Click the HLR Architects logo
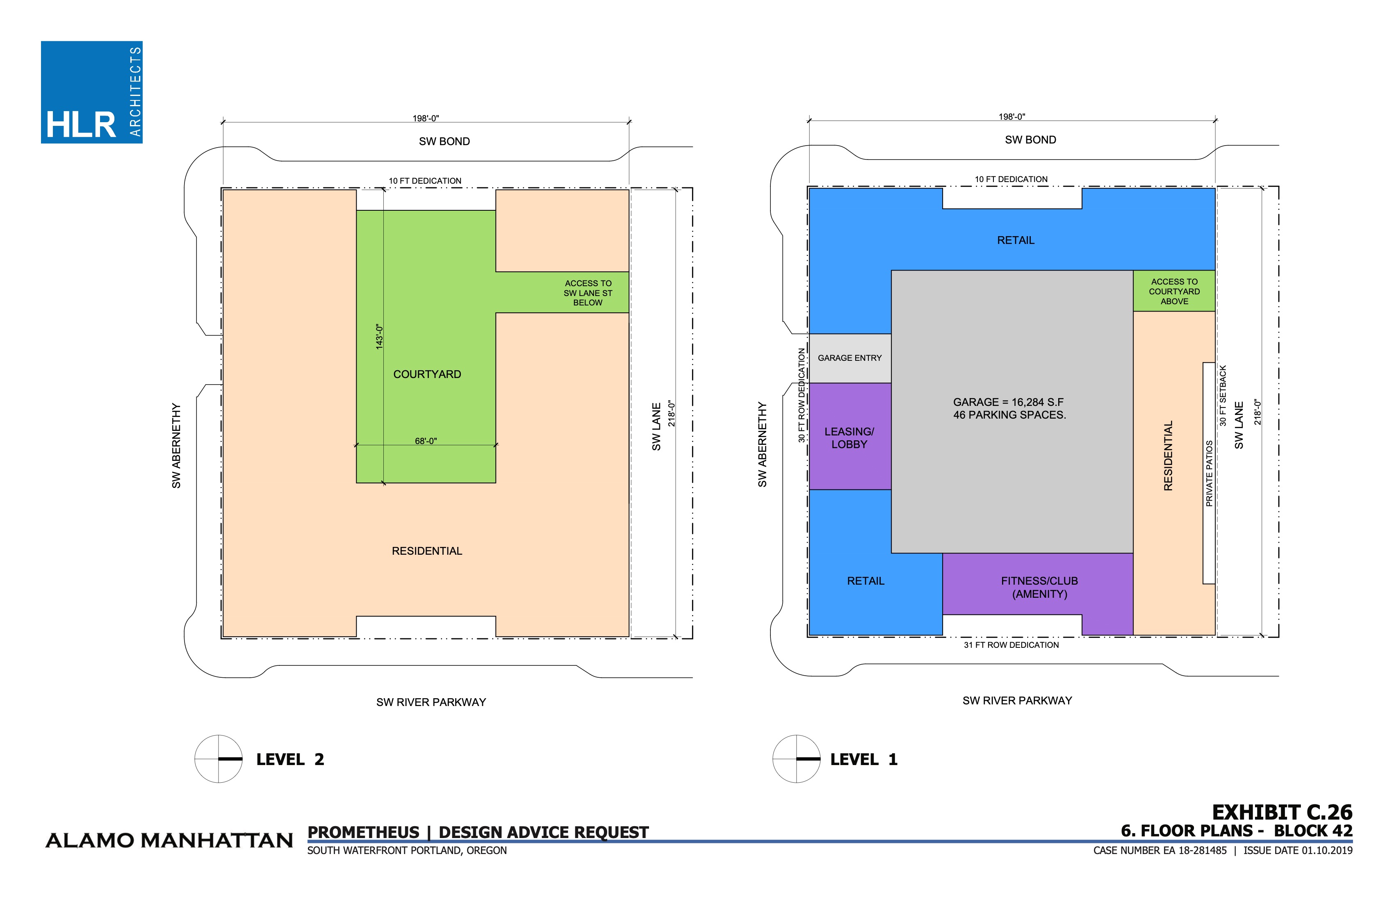[91, 92]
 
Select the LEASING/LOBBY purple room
[849, 437]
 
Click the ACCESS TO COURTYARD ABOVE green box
[1174, 291]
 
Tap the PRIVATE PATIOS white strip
[1208, 473]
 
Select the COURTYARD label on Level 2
[427, 374]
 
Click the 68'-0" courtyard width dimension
[426, 441]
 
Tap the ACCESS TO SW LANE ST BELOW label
[588, 293]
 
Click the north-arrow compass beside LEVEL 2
[219, 758]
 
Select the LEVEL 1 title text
[863, 760]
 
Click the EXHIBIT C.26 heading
[1282, 812]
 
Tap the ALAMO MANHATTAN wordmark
[169, 840]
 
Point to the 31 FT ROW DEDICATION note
[1011, 645]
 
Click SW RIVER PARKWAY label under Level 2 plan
[431, 702]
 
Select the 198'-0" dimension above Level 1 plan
[1011, 116]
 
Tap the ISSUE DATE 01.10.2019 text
[1298, 850]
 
